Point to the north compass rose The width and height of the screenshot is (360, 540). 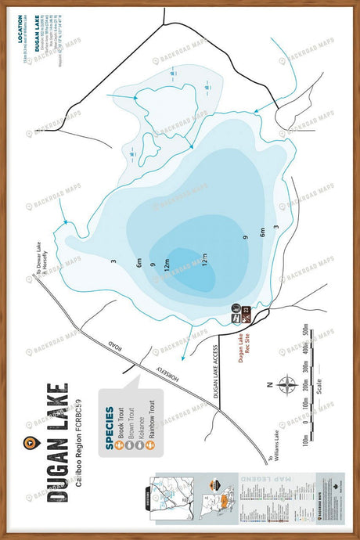point(287,384)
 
